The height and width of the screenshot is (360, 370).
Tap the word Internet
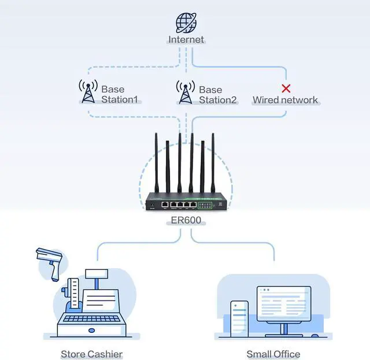(186, 40)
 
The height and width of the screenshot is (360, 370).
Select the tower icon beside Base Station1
(88, 92)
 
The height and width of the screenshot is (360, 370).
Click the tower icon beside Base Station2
(185, 92)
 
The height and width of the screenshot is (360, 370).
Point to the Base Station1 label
(120, 95)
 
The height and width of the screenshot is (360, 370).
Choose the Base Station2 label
(218, 95)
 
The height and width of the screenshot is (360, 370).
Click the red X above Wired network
(286, 88)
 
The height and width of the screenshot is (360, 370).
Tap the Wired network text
(285, 100)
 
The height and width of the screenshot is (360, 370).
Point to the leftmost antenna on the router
(157, 165)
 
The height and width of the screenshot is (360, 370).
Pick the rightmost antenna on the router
(213, 165)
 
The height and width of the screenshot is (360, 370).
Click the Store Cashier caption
(91, 354)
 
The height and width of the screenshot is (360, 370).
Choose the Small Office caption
(273, 354)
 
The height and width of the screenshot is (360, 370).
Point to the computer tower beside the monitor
(240, 318)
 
